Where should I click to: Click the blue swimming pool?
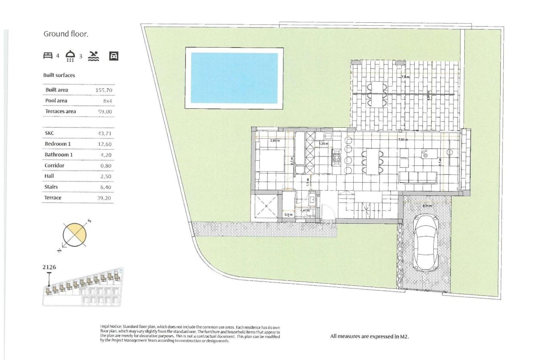click(234, 78)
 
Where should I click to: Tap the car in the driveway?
click(426, 243)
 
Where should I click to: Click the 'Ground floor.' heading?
click(66, 34)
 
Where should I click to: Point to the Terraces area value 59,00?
click(105, 111)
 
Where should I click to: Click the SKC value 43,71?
click(105, 133)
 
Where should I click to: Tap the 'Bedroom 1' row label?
click(57, 144)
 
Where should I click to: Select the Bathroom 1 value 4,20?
click(106, 155)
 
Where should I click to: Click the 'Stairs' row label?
click(51, 187)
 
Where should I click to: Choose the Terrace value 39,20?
click(105, 198)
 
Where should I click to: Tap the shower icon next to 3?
click(70, 56)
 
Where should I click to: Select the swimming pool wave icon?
click(93, 56)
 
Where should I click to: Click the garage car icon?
click(114, 56)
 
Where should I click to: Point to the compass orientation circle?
click(75, 234)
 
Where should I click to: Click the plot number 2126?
click(49, 267)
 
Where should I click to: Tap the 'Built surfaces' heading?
click(59, 75)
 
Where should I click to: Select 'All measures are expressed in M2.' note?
click(370, 336)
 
